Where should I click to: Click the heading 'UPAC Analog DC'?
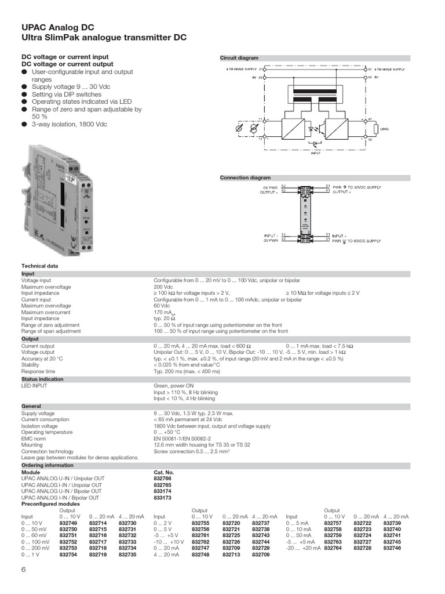[58, 27]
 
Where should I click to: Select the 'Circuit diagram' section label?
[239, 58]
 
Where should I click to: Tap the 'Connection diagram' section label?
[245, 178]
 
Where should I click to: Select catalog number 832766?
[163, 479]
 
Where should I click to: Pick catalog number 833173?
[163, 498]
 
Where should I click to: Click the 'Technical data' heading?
[40, 266]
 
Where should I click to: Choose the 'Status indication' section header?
[42, 379]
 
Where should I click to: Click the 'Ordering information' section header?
[48, 465]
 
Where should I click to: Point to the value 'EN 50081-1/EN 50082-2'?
[183, 439]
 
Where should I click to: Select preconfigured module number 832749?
[68, 523]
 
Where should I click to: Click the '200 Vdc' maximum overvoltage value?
[163, 287]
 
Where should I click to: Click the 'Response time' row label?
[38, 371]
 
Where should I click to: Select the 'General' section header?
[31, 406]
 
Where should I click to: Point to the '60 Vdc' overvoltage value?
[162, 306]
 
